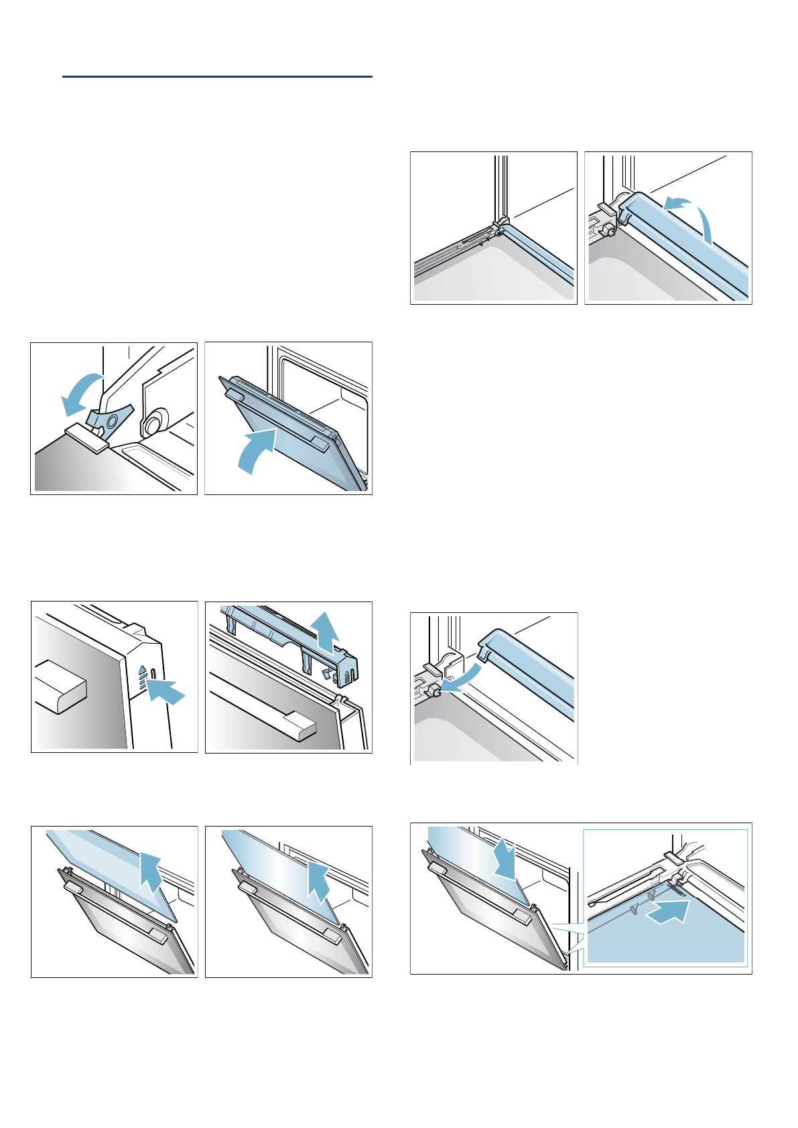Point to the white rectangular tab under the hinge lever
click(x=87, y=437)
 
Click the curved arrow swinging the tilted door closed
click(x=256, y=450)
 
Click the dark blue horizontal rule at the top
click(x=217, y=77)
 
